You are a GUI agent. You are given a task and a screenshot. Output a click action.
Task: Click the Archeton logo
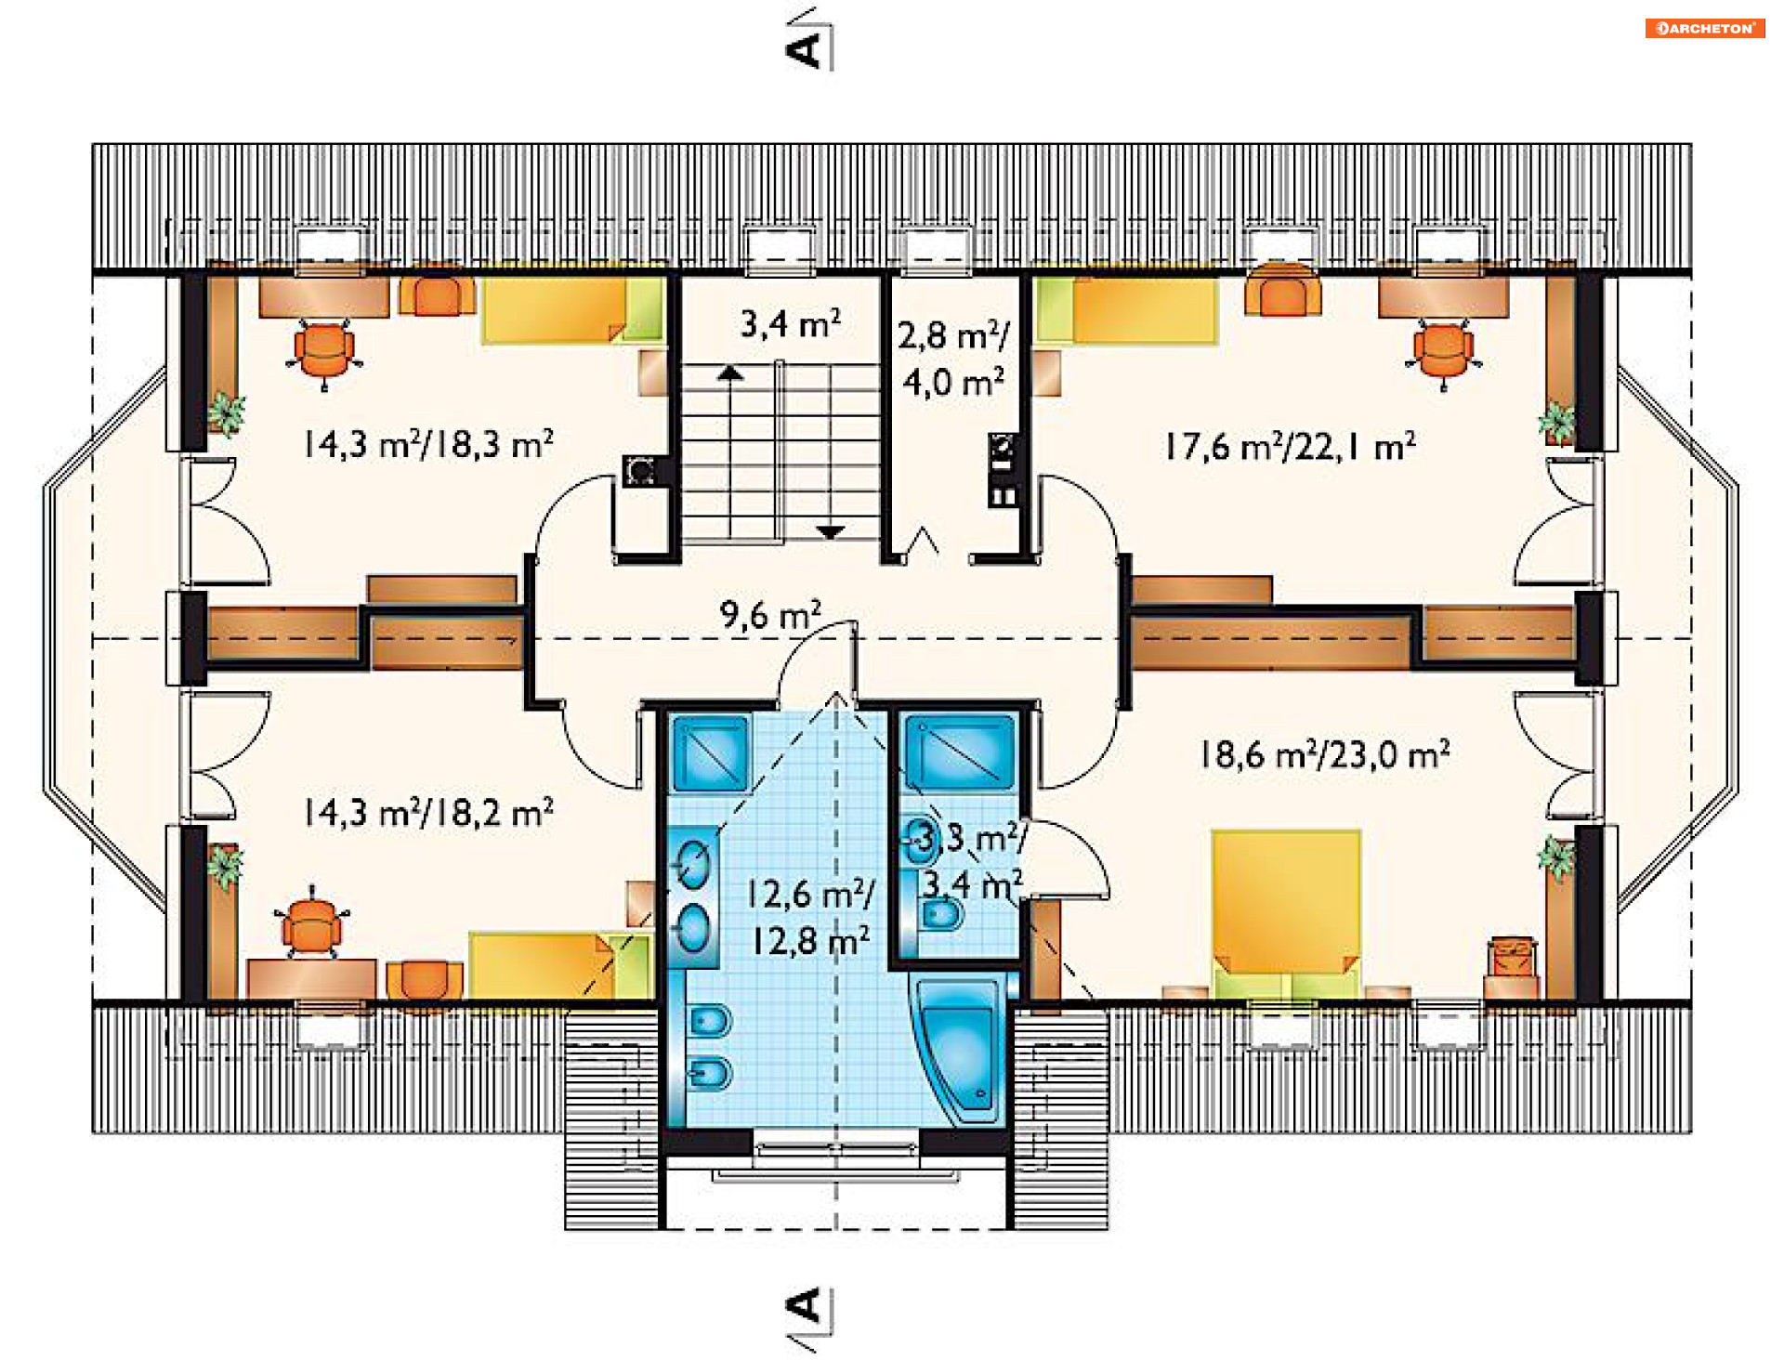tap(1704, 28)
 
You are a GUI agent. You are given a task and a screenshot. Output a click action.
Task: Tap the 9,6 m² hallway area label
tap(770, 614)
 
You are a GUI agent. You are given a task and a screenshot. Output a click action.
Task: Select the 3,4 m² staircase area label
tap(790, 323)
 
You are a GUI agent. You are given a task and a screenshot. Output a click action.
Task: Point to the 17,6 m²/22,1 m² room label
tap(1291, 447)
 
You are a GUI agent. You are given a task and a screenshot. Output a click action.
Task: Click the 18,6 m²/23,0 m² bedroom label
tap(1324, 754)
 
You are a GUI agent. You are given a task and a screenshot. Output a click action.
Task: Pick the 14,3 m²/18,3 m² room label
tap(428, 444)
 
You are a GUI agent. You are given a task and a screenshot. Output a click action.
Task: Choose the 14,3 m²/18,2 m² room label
tap(428, 813)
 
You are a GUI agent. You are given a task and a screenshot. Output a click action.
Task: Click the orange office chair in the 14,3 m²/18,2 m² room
tap(311, 922)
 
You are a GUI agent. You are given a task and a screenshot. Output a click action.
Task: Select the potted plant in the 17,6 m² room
tap(1557, 423)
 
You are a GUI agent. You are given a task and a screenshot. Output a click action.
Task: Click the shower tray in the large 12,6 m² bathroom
tap(711, 752)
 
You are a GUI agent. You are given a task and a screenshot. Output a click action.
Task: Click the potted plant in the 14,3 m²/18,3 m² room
tap(226, 412)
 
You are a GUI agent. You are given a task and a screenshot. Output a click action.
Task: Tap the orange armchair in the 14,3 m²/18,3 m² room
tap(436, 294)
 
